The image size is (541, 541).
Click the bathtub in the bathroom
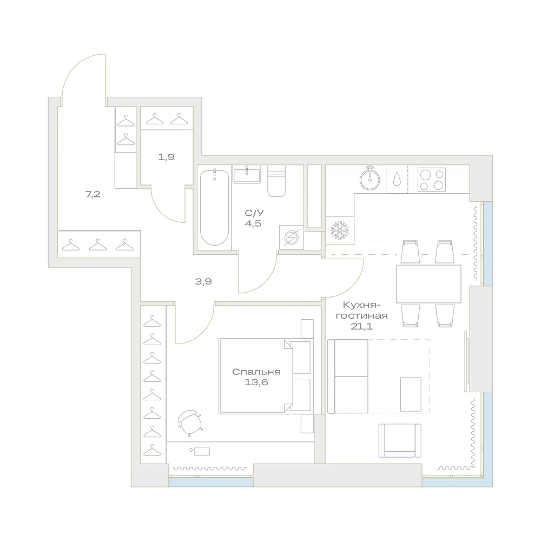coord(214,207)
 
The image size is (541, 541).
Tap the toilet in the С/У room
coord(276,181)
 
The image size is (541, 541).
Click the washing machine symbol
coord(292,237)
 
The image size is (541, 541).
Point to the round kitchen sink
coord(370,179)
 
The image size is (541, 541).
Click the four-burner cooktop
coord(432,180)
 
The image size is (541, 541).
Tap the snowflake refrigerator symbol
coord(340,230)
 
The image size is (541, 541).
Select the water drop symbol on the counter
coord(397,179)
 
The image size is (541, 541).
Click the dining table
coord(428,284)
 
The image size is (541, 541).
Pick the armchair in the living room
coord(400,440)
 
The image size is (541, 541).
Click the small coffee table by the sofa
coord(411,394)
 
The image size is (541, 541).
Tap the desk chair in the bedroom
coord(189,423)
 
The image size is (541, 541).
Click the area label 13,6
coord(256,382)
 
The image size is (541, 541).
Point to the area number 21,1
coord(361,326)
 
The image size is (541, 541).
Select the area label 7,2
coord(93,195)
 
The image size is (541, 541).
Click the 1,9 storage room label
coord(166,157)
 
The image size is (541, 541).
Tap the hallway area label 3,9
coord(203,281)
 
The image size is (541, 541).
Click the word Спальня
coord(256,372)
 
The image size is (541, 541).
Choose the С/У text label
coord(254,213)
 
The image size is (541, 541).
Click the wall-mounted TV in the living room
coord(466,361)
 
